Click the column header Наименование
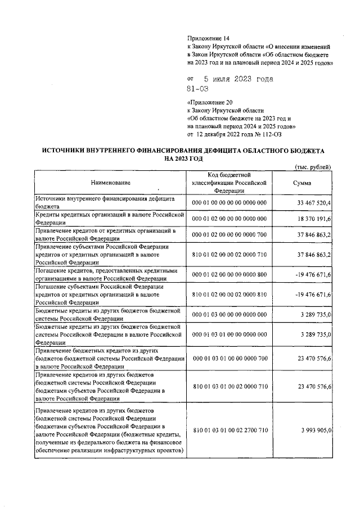pos(110,183)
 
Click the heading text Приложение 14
pos(207,38)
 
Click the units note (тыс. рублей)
pos(313,168)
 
